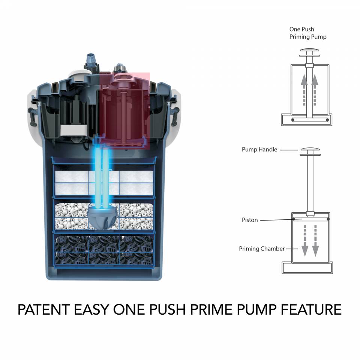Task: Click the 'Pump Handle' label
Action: pos(259,150)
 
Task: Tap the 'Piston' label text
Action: pos(250,220)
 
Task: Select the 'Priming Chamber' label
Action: pos(262,249)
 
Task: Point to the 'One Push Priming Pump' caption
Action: pos(307,33)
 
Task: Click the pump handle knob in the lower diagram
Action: pos(310,150)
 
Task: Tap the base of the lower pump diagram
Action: pos(307,267)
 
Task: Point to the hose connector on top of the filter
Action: pos(91,60)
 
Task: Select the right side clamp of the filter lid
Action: pos(174,112)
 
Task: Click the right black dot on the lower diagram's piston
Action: pos(328,219)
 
